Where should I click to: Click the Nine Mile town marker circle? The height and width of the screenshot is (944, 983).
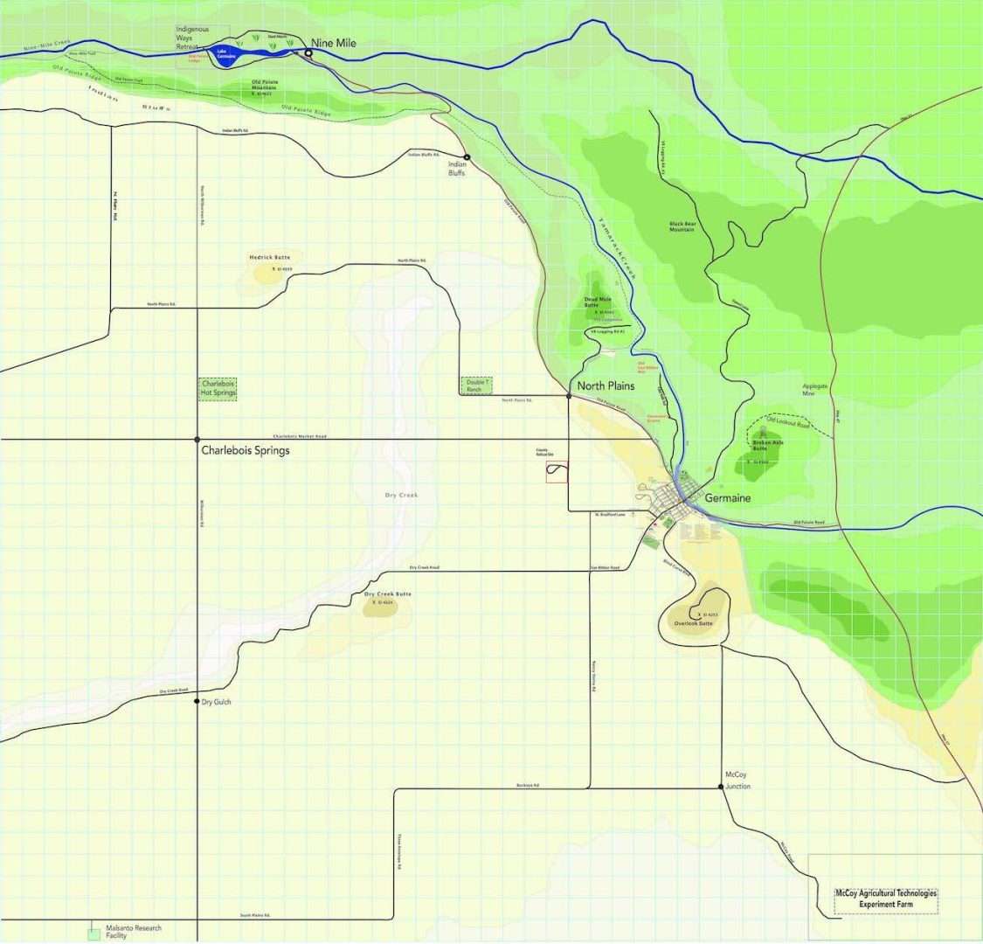(308, 53)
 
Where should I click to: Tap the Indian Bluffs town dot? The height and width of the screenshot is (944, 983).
(467, 157)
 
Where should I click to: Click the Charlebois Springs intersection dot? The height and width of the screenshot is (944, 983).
(197, 439)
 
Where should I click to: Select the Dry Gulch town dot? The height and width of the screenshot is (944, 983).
(197, 701)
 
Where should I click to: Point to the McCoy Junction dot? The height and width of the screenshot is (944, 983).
(722, 787)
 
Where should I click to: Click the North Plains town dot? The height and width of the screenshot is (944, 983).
(569, 396)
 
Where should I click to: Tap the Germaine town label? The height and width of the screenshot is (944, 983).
(727, 498)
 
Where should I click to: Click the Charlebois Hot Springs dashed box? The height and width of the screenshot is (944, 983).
(218, 388)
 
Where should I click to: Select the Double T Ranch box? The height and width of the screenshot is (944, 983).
(476, 385)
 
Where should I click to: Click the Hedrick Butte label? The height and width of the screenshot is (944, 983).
(269, 258)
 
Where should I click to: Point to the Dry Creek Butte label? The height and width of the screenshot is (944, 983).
(387, 594)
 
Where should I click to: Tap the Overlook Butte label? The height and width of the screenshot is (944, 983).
(693, 623)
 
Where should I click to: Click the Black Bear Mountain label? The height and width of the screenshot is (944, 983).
(682, 226)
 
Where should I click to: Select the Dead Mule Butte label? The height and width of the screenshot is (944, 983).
(598, 302)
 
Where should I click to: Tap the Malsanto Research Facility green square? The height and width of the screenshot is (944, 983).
(93, 934)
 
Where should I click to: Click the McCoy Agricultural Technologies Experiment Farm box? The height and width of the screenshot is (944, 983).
(885, 899)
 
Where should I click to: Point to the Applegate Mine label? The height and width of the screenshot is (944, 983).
(814, 390)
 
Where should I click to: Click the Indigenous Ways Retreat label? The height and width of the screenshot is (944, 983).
(192, 38)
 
